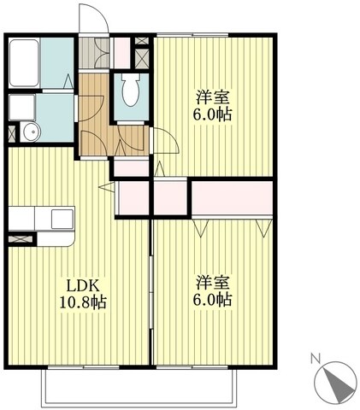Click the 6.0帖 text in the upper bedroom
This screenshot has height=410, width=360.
[x=214, y=114]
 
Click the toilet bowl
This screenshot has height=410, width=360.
[x=131, y=90]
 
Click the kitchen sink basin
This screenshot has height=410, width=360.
[x=61, y=219]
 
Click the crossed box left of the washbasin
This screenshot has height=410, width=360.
[x=11, y=132]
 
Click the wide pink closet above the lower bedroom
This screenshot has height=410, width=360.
[x=231, y=198]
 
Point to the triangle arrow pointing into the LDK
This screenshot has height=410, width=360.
[x=106, y=184]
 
